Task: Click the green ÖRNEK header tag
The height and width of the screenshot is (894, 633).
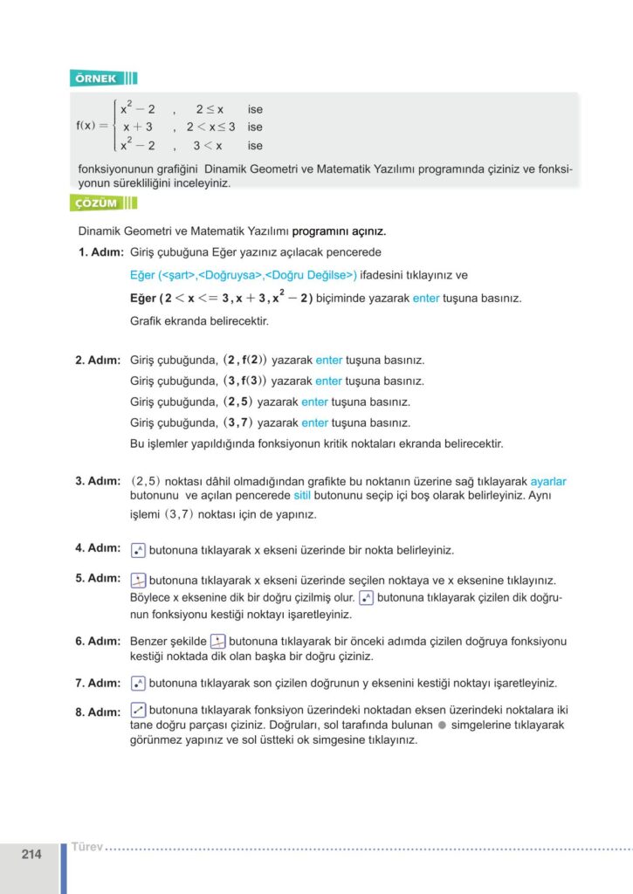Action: [96, 79]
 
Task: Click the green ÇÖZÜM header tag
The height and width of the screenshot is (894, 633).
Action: [96, 203]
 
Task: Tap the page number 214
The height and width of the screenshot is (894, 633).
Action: [31, 855]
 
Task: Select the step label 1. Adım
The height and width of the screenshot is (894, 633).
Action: [97, 252]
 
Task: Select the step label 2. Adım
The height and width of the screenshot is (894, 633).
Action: [97, 361]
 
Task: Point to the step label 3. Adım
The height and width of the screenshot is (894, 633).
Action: [97, 481]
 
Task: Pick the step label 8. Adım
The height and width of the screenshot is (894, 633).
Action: [97, 712]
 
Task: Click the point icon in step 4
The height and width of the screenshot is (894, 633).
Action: [137, 550]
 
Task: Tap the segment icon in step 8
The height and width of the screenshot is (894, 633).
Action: [137, 710]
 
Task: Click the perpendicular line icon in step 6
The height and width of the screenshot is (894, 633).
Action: [218, 641]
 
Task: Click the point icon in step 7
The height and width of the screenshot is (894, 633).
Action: [137, 683]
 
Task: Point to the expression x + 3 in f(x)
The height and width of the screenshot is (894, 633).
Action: [138, 127]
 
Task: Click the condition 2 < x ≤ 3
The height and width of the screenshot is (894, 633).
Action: [210, 127]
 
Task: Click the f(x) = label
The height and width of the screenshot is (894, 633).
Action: [92, 127]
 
